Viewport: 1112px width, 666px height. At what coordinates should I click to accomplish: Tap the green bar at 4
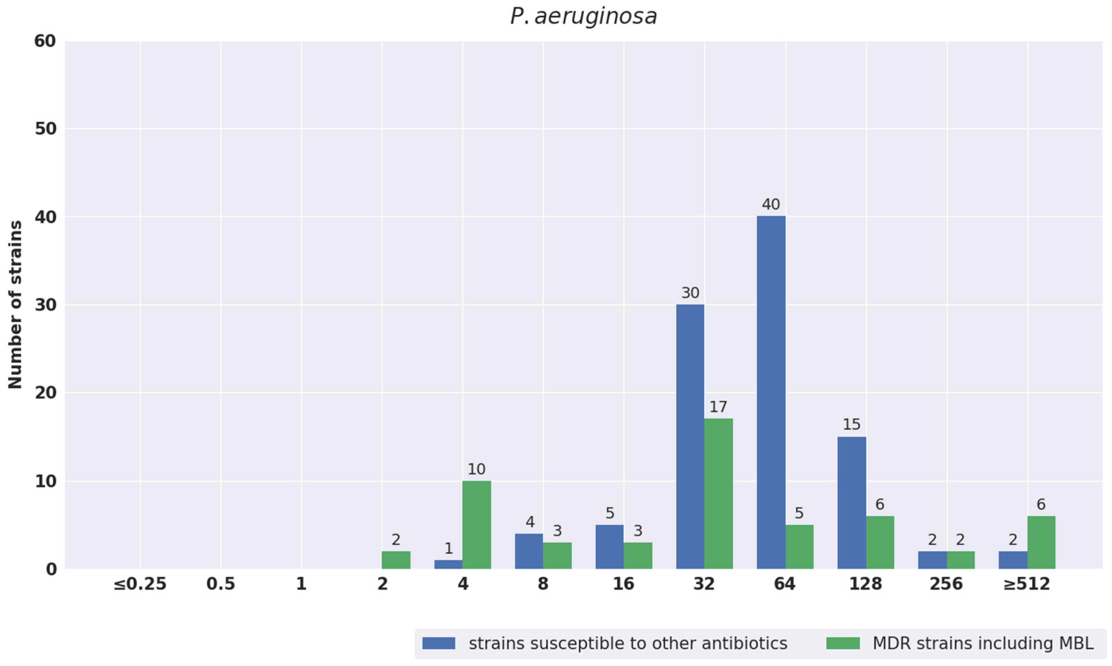click(x=476, y=525)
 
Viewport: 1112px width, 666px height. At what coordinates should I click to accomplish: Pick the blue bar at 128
click(x=851, y=503)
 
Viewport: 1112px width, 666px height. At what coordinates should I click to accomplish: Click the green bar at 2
click(x=396, y=560)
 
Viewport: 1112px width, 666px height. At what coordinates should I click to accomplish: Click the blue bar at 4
click(x=448, y=564)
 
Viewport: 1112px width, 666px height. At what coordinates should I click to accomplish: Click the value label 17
click(x=718, y=407)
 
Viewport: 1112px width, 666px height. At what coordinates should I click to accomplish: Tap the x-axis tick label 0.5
click(x=221, y=584)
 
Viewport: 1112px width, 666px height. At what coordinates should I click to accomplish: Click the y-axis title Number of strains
click(x=15, y=305)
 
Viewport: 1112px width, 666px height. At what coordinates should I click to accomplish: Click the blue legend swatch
click(x=439, y=643)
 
